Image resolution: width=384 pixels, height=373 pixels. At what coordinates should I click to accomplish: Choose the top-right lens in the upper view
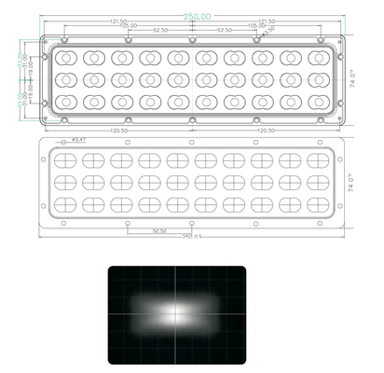coord(318,58)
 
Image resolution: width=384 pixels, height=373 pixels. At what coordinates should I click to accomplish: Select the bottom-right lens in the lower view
coord(318,203)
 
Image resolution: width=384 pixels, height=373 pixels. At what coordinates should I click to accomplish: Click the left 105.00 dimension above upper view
coord(128,25)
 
